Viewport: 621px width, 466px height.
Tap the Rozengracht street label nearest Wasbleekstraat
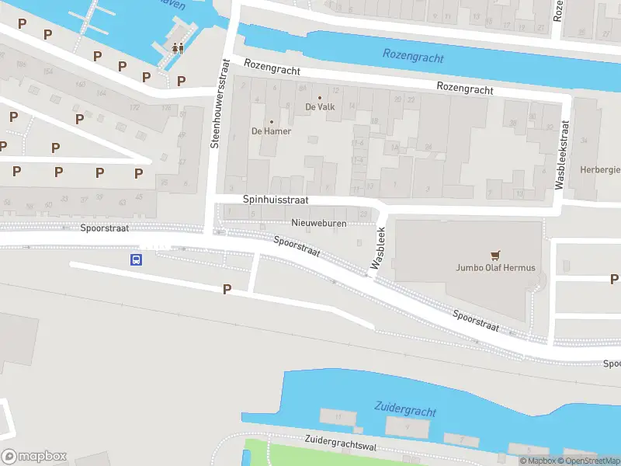click(464, 89)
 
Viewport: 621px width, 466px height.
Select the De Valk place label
click(320, 106)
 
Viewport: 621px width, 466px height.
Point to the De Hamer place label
click(271, 131)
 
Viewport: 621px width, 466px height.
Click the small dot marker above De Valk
click(320, 97)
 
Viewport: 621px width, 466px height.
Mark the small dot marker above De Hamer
click(271, 122)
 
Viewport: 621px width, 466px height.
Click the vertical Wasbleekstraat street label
click(559, 155)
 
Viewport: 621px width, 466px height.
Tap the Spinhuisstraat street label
click(276, 200)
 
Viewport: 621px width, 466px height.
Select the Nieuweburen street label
click(318, 223)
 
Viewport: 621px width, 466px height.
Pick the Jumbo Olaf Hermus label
click(495, 268)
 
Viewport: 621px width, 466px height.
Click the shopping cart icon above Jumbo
click(495, 255)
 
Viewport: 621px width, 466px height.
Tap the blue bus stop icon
click(136, 260)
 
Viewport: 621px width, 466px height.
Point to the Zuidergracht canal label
click(405, 409)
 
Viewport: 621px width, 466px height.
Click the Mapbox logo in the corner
click(34, 457)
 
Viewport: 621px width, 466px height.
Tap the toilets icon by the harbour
click(178, 47)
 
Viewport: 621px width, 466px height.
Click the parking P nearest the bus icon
click(227, 289)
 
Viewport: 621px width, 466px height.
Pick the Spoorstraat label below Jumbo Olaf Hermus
click(476, 320)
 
